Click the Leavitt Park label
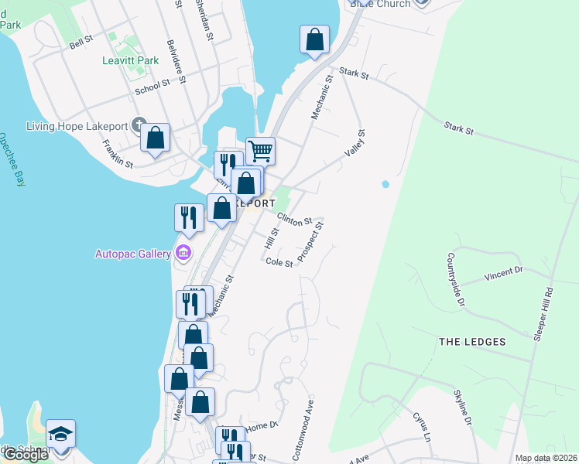[x=130, y=60]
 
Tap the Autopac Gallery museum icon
[x=183, y=252]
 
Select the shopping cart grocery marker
[x=261, y=150]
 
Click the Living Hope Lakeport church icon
[x=139, y=125]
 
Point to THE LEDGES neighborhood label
[x=471, y=342]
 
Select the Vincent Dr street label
[x=504, y=272]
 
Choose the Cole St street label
[x=279, y=263]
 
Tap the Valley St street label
[x=359, y=141]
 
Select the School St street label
[x=151, y=86]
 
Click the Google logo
[x=26, y=455]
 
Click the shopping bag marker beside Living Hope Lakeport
[x=155, y=138]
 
